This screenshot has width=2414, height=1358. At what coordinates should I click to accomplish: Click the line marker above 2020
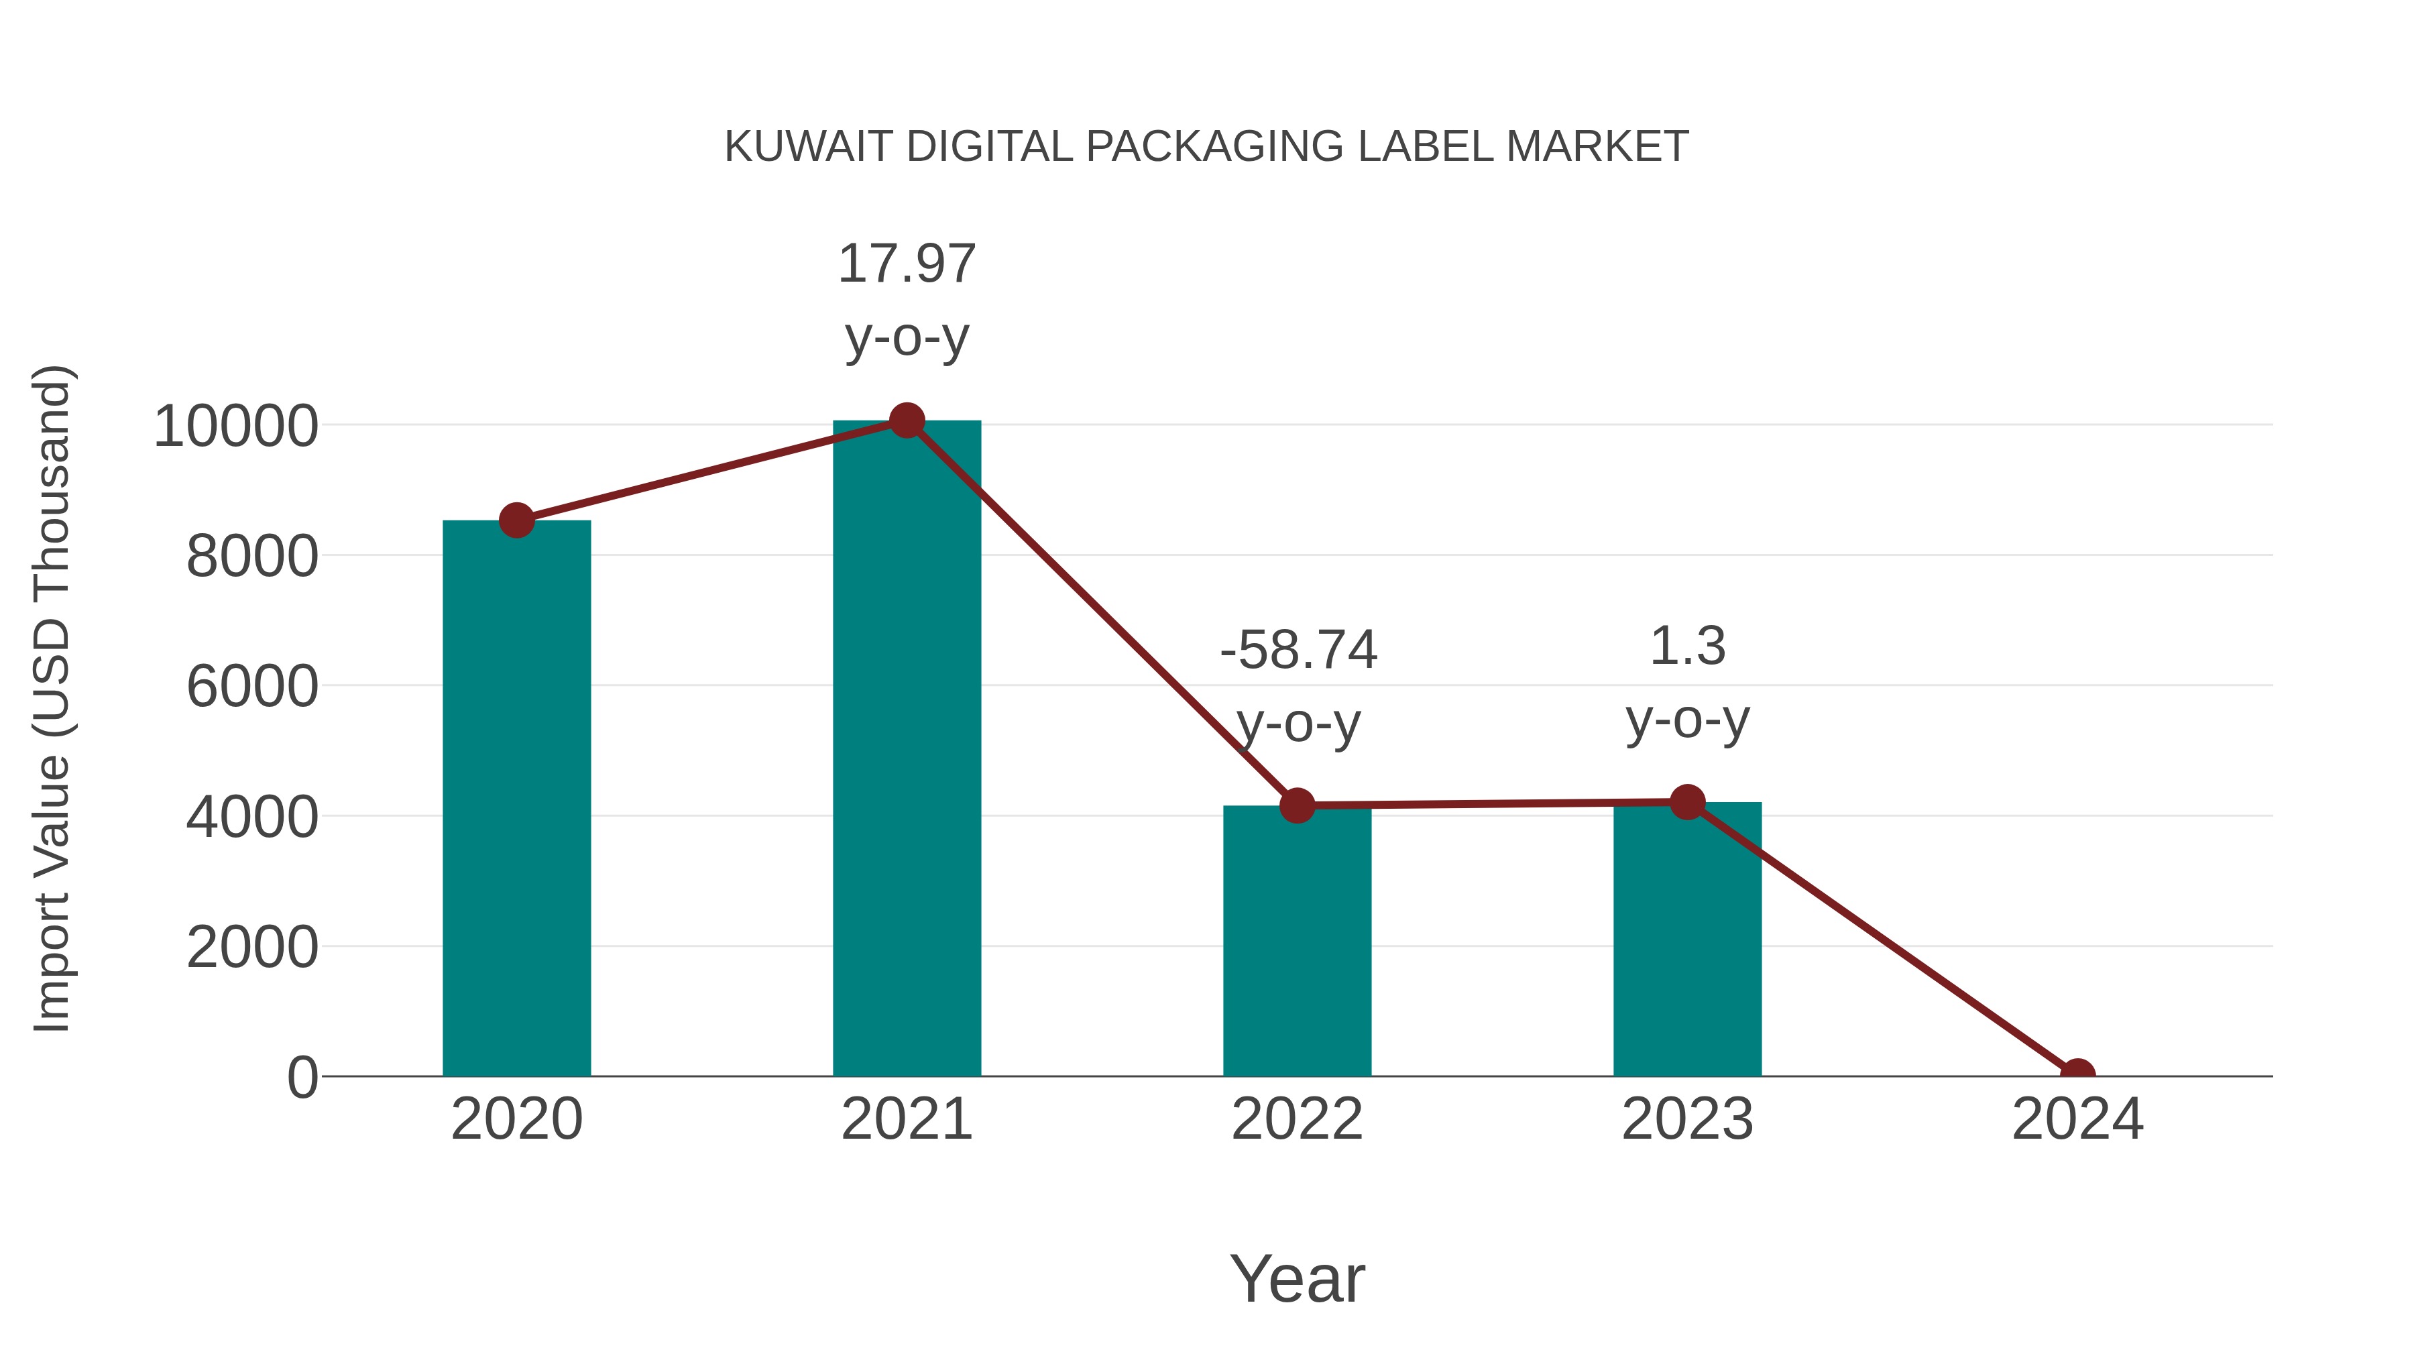516,520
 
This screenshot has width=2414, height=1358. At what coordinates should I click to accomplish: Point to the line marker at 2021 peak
906,420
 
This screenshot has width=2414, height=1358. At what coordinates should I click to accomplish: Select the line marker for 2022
1297,805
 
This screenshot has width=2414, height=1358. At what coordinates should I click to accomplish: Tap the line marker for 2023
1687,802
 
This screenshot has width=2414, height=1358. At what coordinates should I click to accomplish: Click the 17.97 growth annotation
906,264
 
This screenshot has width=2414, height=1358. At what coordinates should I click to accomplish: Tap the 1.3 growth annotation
1687,646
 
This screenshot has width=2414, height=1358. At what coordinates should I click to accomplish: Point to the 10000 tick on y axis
236,427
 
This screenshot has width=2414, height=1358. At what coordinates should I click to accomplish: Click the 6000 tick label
252,687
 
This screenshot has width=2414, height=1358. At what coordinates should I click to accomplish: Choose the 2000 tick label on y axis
252,948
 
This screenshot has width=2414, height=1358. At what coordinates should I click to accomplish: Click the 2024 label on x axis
2077,1119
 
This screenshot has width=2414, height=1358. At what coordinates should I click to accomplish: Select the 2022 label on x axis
1297,1119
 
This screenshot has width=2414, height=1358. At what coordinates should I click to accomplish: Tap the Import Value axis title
52,698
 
